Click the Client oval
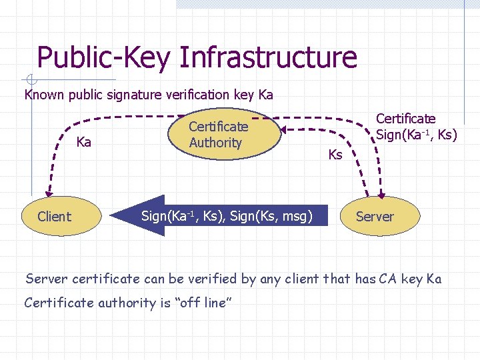click(x=54, y=216)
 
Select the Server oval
click(x=375, y=216)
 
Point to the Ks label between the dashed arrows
click(x=335, y=155)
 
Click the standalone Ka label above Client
click(x=84, y=142)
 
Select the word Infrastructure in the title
click(x=267, y=57)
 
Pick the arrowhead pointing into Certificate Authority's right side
click(x=283, y=129)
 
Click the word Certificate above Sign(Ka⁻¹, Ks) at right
click(x=405, y=119)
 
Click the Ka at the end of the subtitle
click(x=265, y=95)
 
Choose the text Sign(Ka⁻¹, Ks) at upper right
click(x=416, y=135)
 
